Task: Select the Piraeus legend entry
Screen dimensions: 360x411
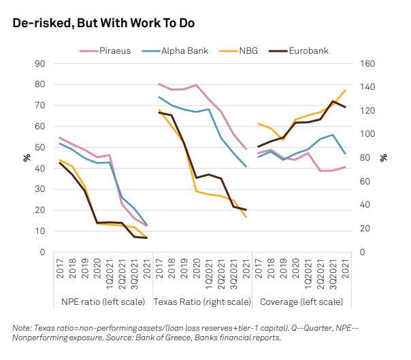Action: pos(113,50)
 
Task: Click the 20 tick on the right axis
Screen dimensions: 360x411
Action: pos(362,229)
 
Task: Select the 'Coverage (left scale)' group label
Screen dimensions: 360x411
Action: pos(300,301)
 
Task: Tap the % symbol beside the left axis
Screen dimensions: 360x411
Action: pos(27,158)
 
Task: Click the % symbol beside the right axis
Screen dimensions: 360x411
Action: pos(383,158)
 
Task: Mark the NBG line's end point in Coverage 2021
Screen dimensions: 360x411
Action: pos(346,90)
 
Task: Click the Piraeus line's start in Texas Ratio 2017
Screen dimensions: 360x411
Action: pos(159,84)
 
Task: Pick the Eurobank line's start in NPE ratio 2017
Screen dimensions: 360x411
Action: pos(60,162)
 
